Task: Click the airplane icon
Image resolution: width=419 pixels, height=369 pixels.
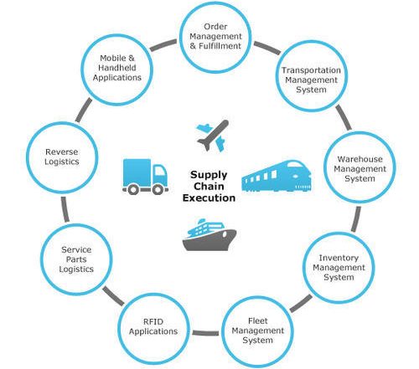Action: pos(213,136)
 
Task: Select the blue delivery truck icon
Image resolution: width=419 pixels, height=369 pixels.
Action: pos(145,177)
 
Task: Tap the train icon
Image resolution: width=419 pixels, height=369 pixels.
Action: pos(277,176)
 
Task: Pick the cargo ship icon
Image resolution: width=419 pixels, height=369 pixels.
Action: pos(209,235)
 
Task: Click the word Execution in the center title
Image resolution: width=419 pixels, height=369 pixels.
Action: pos(209,197)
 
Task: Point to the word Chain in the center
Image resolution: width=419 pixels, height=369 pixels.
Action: pos(209,187)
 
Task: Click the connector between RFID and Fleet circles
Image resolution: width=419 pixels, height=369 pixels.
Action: pos(205,333)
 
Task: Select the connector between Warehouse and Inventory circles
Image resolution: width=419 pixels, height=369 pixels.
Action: pos(356,219)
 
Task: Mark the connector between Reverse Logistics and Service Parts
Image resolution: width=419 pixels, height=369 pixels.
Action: pos(65,209)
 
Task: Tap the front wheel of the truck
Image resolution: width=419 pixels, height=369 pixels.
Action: pos(158,190)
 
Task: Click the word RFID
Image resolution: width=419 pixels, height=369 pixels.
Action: pos(153,321)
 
